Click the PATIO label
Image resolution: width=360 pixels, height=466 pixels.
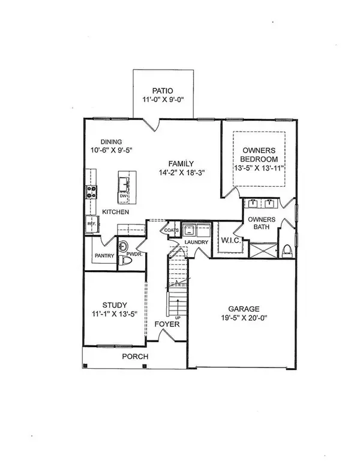163,91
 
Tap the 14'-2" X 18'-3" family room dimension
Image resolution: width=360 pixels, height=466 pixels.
182,172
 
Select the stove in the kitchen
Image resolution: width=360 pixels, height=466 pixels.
91,192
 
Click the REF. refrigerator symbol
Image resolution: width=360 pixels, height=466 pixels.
92,224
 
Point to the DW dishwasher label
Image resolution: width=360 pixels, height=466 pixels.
123,196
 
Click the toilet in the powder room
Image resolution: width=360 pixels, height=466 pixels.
125,261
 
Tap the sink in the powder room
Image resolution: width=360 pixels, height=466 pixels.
123,246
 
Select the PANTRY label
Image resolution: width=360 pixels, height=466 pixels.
104,256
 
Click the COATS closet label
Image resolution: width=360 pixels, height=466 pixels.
172,231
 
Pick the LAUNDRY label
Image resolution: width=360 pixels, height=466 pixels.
196,242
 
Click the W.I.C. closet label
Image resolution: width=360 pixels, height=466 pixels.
231,240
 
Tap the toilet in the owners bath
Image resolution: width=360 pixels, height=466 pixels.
287,250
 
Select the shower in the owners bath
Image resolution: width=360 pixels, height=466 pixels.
263,250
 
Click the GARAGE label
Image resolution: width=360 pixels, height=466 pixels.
244,309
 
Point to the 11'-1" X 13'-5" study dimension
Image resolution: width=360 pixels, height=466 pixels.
115,314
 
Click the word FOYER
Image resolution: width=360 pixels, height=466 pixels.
167,324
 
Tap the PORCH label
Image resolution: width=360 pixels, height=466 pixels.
135,356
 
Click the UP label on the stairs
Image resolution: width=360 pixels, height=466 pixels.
178,318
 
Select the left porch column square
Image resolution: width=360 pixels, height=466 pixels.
85,366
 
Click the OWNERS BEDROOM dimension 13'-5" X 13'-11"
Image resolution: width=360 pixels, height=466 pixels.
260,168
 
